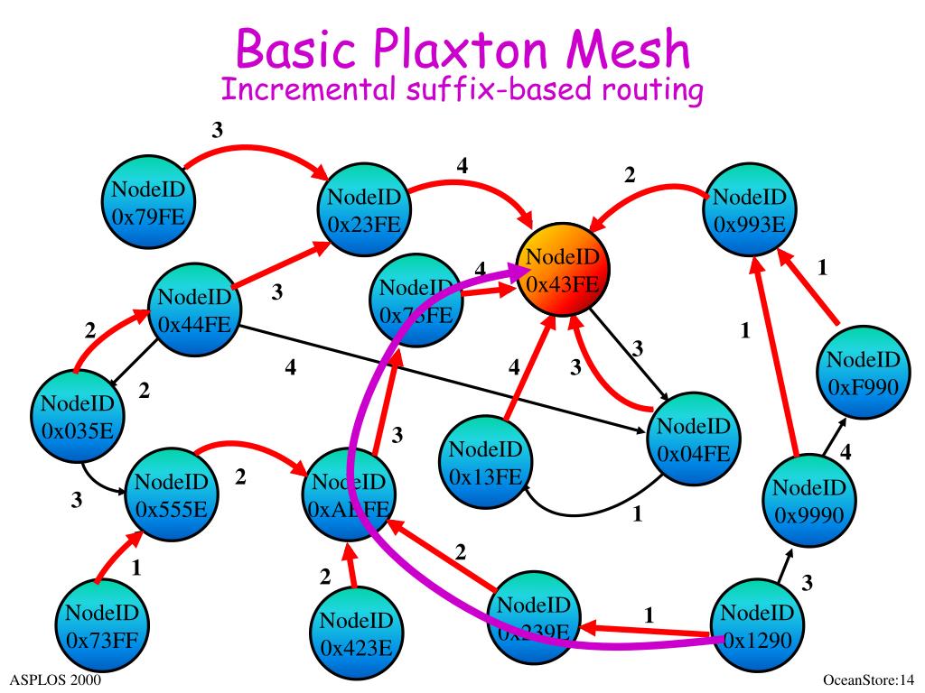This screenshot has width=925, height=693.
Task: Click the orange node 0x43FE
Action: [562, 272]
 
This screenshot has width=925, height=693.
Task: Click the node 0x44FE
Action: [194, 311]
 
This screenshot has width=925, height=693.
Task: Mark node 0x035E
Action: [76, 415]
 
